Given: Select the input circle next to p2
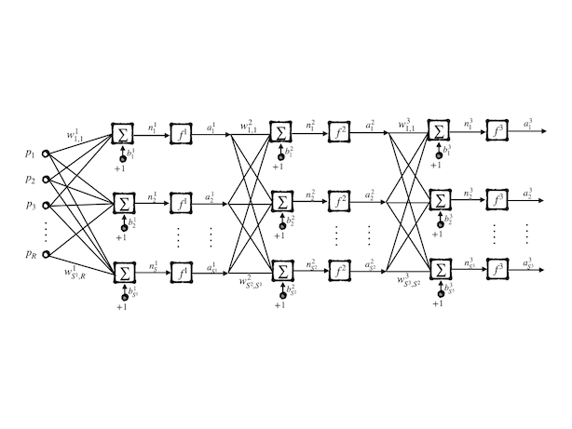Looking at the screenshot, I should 46,180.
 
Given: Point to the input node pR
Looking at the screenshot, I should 46,249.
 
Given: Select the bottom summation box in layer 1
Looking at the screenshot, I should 122,272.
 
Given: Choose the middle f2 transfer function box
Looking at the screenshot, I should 341,202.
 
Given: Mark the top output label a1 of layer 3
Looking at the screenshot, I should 531,124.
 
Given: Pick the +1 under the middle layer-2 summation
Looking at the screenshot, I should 279,236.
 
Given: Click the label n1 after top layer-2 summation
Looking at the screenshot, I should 311,125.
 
